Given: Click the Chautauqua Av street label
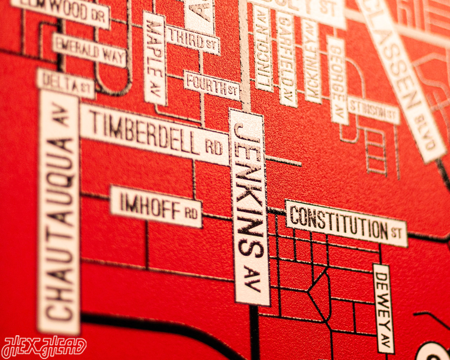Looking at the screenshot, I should [59, 213].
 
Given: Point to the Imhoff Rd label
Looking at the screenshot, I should [156, 206].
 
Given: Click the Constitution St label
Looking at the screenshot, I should [346, 223].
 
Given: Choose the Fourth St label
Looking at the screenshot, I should [212, 85].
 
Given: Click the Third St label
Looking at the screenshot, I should [193, 38].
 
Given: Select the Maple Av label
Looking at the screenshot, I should [154, 58].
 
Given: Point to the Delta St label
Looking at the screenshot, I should [66, 83].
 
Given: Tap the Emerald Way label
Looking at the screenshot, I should [89, 50].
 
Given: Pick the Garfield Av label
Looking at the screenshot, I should [287, 59].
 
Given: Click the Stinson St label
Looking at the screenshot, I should [373, 109].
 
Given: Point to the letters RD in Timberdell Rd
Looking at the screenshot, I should [214, 147].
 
